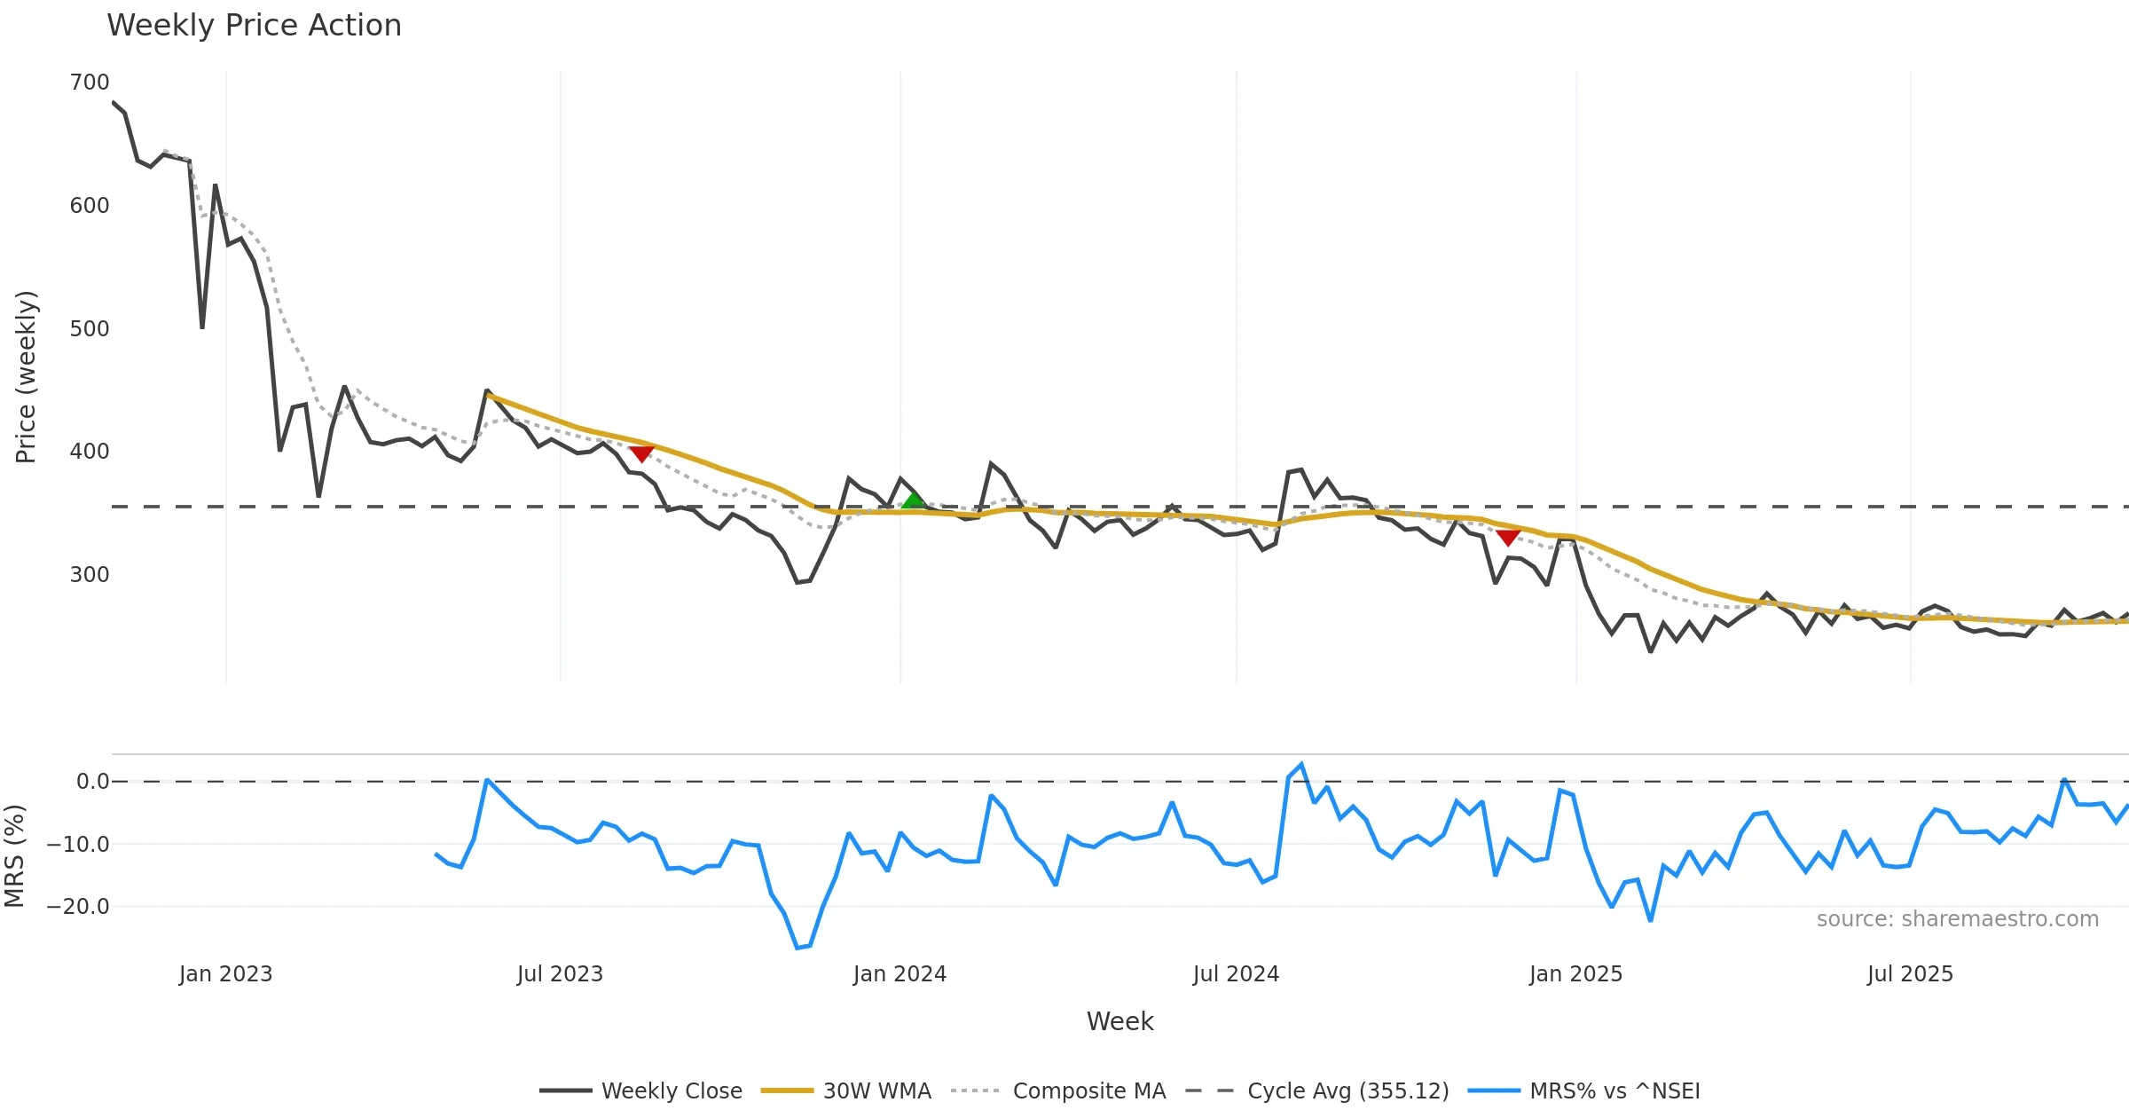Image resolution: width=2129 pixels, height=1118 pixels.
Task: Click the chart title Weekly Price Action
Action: point(254,26)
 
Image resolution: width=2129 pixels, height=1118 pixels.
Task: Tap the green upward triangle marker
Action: point(913,500)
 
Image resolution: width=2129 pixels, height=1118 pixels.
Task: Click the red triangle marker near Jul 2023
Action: point(641,454)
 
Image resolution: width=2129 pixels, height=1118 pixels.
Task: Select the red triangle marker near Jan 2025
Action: point(1508,538)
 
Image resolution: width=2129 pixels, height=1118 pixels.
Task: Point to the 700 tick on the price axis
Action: point(90,83)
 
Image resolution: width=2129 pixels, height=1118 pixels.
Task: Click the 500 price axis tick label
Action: point(90,328)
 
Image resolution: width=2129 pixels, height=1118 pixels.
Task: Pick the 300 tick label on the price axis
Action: point(90,574)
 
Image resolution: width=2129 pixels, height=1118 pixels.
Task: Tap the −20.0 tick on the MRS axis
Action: point(78,906)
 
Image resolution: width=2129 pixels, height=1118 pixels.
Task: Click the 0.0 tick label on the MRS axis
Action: point(92,782)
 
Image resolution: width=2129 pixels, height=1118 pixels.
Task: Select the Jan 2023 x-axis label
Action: point(225,973)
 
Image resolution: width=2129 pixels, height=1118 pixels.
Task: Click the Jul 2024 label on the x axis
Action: point(1236,973)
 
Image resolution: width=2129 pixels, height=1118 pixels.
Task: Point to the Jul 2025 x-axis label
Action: point(1910,973)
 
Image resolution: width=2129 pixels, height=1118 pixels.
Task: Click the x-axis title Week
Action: point(1119,1021)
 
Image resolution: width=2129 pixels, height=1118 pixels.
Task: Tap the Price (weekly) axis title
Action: point(26,377)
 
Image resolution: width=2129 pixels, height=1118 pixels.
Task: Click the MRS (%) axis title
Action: point(14,856)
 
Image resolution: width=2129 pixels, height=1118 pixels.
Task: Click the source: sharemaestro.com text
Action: point(1957,918)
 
